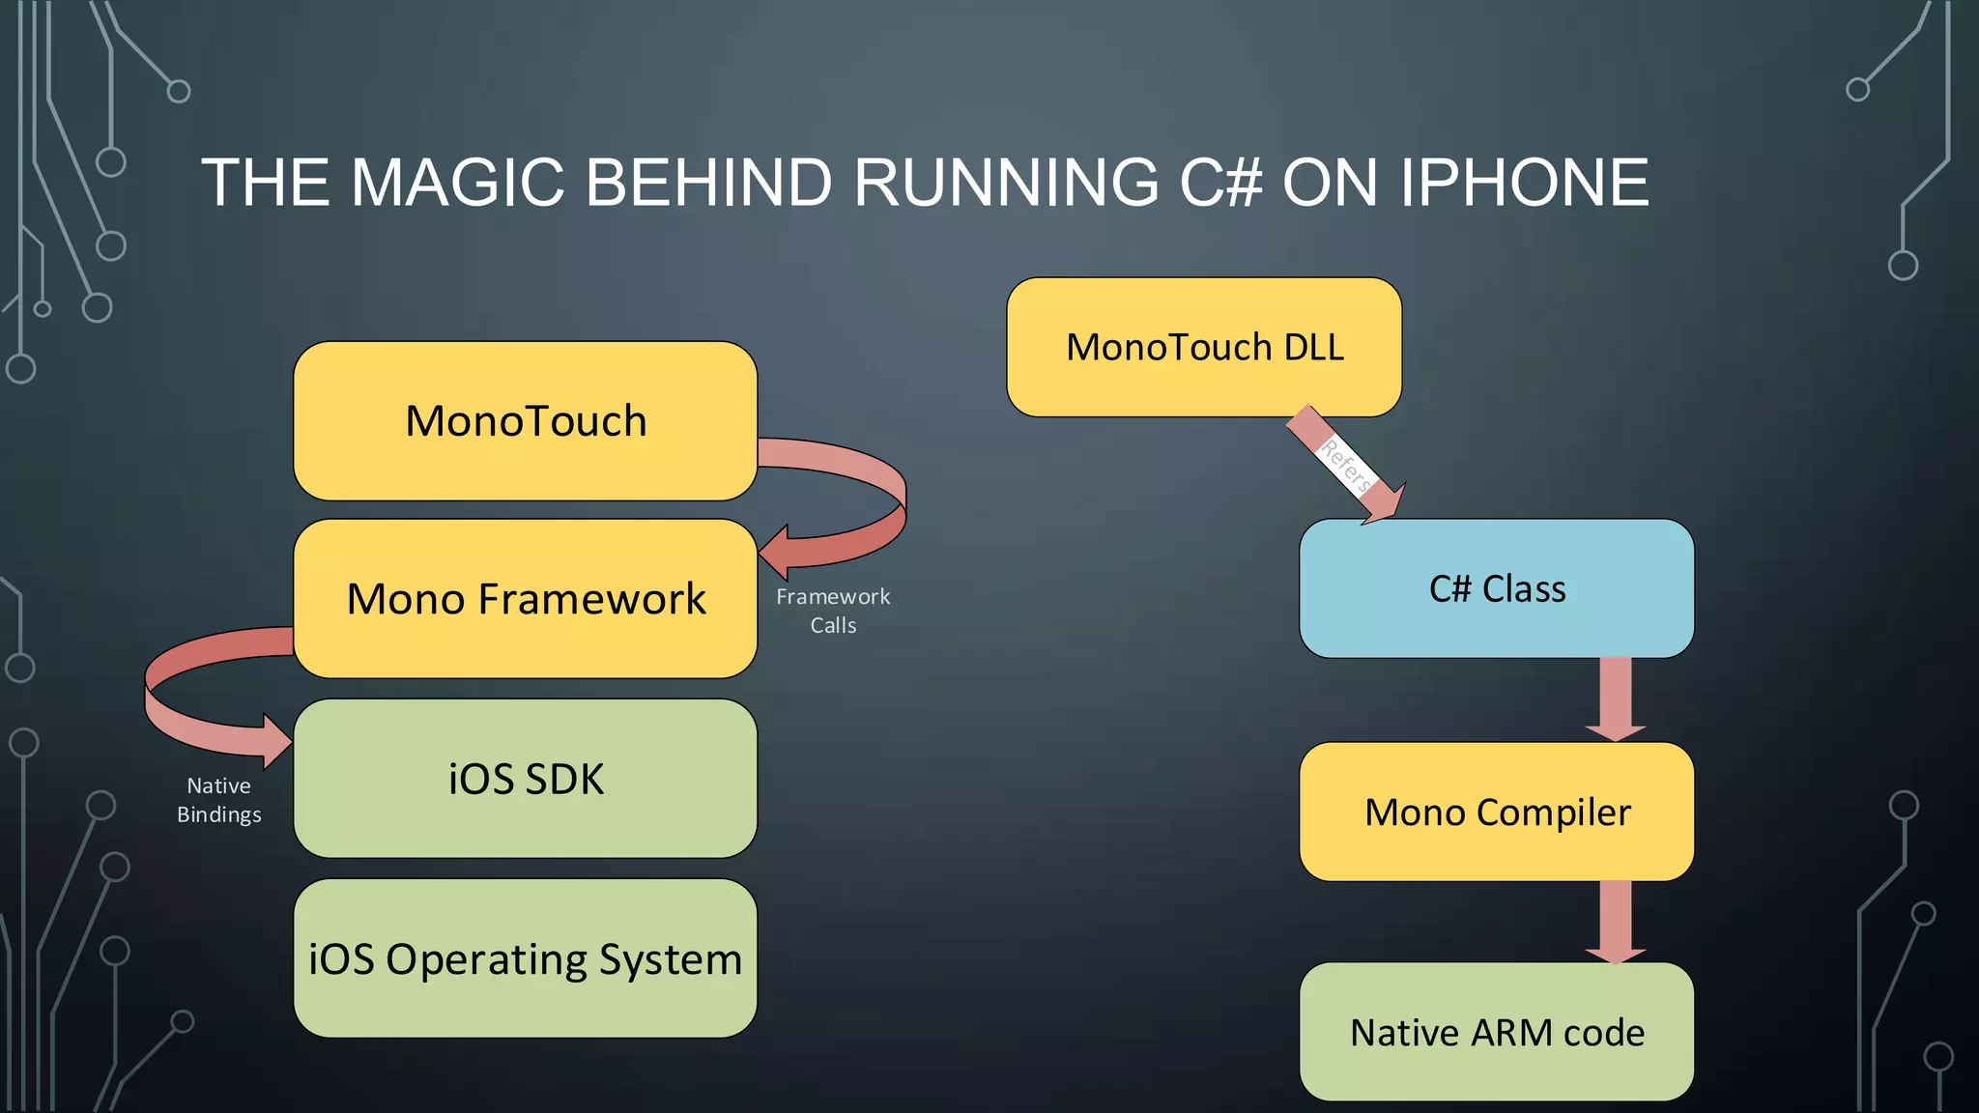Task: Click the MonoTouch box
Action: (525, 421)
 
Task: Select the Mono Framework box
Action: (525, 599)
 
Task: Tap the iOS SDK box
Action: (525, 779)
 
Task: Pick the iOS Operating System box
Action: (525, 958)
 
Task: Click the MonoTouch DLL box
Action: (1204, 348)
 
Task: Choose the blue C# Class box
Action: (1496, 588)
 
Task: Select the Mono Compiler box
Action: (1496, 812)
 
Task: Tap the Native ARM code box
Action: (1496, 1032)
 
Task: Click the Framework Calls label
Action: (833, 611)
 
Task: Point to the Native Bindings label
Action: (219, 800)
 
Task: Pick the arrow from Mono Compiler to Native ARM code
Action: (1615, 921)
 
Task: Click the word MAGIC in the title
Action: (456, 183)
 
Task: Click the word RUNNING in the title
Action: (1005, 183)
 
